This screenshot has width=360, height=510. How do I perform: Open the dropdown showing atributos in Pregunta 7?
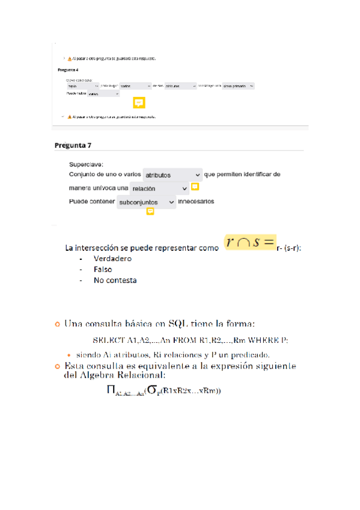[172, 175]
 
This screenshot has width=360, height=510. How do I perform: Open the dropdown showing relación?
[159, 188]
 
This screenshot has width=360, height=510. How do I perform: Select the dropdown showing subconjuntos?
[146, 203]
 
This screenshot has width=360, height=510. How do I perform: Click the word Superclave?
[86, 164]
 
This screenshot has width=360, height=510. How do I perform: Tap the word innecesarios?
[196, 201]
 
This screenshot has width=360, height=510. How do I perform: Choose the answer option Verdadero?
[112, 259]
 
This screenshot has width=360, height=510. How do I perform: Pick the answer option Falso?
[103, 269]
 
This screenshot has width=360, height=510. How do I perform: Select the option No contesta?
[115, 280]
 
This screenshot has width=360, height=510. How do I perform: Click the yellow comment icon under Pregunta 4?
[139, 102]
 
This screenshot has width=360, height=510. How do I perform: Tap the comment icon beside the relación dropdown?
[195, 187]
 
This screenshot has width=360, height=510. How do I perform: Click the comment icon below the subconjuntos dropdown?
[150, 212]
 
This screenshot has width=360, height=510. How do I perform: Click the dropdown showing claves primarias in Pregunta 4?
[238, 86]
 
